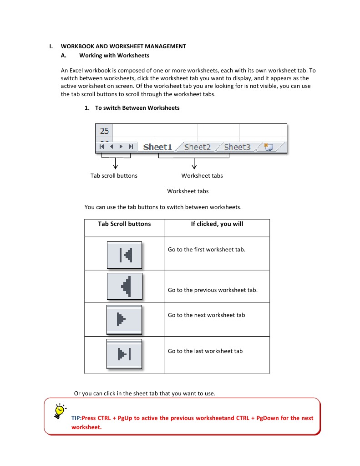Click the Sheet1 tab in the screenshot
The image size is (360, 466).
click(157, 147)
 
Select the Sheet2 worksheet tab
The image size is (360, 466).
click(198, 147)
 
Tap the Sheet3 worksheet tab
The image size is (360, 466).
click(237, 147)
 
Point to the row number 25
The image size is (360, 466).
click(104, 131)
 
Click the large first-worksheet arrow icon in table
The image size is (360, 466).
click(125, 255)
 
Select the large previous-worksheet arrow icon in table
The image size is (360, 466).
click(125, 286)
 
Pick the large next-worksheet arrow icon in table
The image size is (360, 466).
click(124, 319)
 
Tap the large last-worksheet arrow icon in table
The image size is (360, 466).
click(124, 353)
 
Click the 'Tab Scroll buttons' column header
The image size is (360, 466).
click(124, 224)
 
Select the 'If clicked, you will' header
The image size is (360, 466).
click(217, 224)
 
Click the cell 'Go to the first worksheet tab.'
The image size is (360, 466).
click(207, 250)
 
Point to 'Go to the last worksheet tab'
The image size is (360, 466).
click(205, 351)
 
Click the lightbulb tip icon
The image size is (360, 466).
click(59, 410)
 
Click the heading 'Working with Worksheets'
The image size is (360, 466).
click(114, 56)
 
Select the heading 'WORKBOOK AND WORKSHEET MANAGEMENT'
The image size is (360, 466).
click(123, 46)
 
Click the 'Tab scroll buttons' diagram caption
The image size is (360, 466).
click(114, 175)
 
